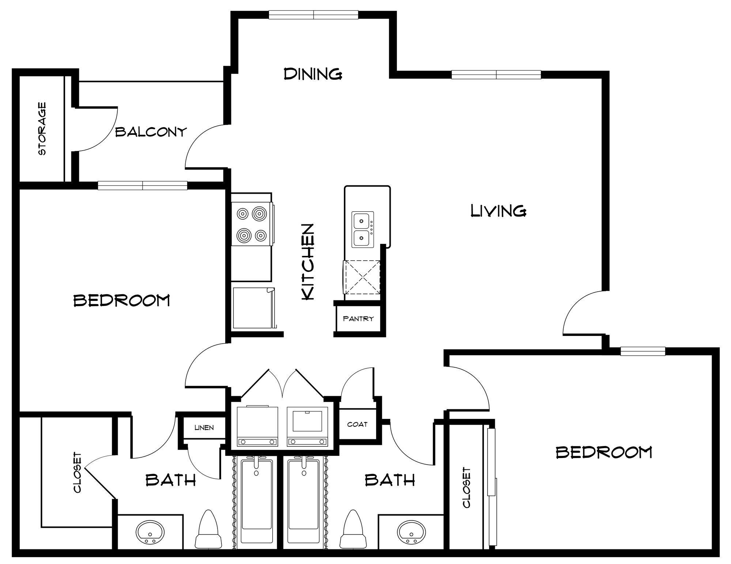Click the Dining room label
(x=313, y=74)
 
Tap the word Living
(x=498, y=211)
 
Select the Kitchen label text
(x=307, y=262)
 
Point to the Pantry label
(x=358, y=319)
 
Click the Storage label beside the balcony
(x=42, y=129)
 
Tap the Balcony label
(x=151, y=132)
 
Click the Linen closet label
(x=204, y=428)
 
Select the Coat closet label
(x=357, y=424)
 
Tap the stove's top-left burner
(x=243, y=213)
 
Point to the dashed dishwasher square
(x=361, y=277)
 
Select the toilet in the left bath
(x=209, y=529)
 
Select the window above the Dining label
(x=313, y=15)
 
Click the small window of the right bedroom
(x=643, y=352)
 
